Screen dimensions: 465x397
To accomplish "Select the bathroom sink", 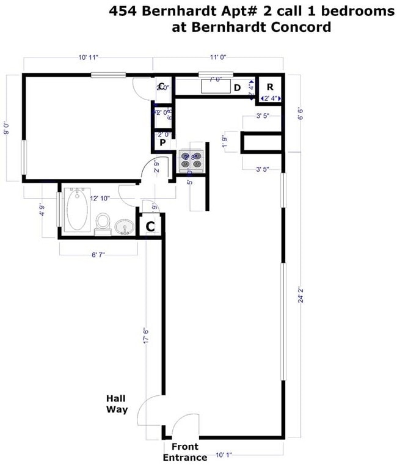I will click(x=125, y=227).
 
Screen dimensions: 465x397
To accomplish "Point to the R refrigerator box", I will click(x=269, y=86).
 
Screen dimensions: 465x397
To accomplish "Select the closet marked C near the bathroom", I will click(x=150, y=227).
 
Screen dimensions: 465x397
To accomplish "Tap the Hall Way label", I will click(x=117, y=403).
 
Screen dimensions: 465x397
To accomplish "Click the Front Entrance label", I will click(x=185, y=452).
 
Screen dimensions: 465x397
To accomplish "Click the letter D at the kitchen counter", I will click(x=237, y=88).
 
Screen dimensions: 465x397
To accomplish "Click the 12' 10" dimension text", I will click(x=100, y=199).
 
